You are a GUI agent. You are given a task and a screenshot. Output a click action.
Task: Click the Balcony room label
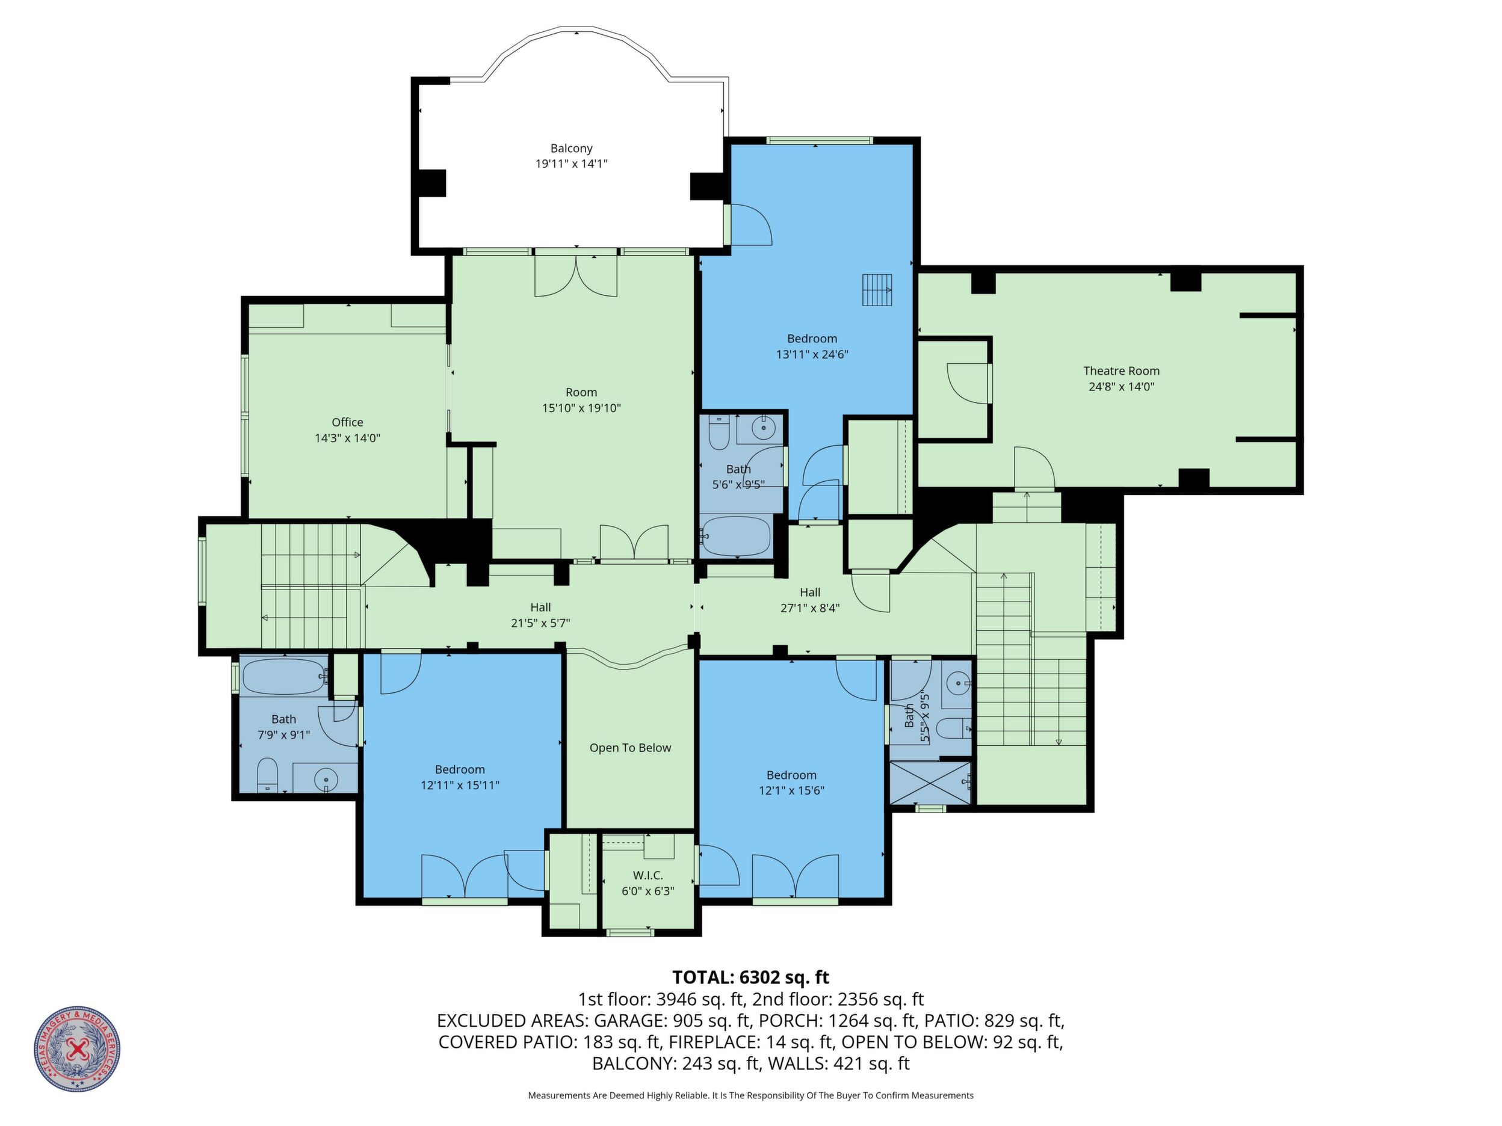click(x=571, y=148)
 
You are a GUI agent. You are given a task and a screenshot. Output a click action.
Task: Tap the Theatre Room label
click(x=1121, y=371)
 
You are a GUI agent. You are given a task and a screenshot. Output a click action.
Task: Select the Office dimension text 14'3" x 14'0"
click(x=347, y=438)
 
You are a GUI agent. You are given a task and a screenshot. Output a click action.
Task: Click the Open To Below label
click(x=630, y=747)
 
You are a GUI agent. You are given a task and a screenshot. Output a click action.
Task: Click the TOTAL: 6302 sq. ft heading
click(x=750, y=977)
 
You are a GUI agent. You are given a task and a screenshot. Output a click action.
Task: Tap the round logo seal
click(x=78, y=1048)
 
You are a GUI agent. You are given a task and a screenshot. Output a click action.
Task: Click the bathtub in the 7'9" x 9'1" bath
click(x=284, y=677)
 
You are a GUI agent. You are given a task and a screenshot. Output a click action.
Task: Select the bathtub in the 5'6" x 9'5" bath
click(x=736, y=535)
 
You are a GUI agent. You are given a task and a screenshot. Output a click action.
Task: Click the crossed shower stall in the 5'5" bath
click(x=930, y=782)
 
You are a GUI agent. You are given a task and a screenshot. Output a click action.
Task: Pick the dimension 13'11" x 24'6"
click(x=812, y=354)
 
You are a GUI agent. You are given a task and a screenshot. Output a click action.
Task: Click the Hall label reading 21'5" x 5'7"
click(x=540, y=615)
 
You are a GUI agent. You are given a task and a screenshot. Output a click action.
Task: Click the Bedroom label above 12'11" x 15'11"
click(x=460, y=769)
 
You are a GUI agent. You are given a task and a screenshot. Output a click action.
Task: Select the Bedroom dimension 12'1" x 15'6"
click(x=791, y=790)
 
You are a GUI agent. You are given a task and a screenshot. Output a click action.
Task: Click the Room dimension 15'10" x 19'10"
click(x=581, y=408)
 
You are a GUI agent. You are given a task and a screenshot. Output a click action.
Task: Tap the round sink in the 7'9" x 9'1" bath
click(x=327, y=778)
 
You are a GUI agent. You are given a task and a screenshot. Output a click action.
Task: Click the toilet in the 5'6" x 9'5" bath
click(x=719, y=433)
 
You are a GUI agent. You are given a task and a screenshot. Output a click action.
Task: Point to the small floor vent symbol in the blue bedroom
click(x=877, y=290)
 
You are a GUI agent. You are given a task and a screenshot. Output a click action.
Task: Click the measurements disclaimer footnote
click(x=750, y=1095)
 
